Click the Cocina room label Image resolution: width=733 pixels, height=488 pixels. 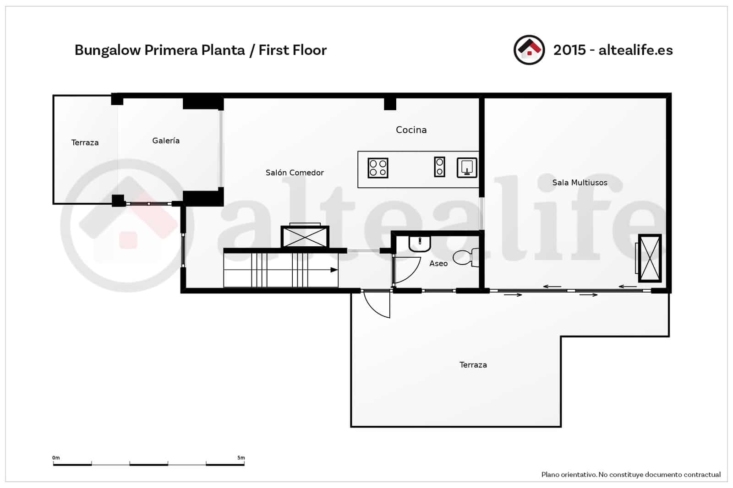(411, 130)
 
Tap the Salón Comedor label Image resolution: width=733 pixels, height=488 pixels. (295, 173)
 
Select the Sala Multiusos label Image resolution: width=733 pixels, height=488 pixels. (580, 183)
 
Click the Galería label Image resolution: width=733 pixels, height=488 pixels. (166, 141)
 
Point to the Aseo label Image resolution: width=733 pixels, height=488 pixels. (438, 264)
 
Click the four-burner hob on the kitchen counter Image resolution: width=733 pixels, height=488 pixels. (378, 168)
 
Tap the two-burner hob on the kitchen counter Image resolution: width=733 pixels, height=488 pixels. (439, 167)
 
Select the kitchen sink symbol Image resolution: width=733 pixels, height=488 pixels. (467, 168)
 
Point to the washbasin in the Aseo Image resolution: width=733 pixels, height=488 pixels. (420, 244)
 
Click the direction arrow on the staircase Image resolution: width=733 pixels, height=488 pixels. (334, 270)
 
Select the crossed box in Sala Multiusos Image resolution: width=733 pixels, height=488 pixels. (650, 259)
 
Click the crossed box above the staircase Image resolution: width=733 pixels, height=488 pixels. (305, 237)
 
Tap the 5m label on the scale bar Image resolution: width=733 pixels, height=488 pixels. (241, 458)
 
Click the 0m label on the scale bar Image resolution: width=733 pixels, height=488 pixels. (56, 458)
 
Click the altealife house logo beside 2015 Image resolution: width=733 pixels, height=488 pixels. (529, 50)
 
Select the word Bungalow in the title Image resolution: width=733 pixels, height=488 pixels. (107, 50)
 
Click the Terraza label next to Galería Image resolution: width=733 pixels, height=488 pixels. (85, 143)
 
